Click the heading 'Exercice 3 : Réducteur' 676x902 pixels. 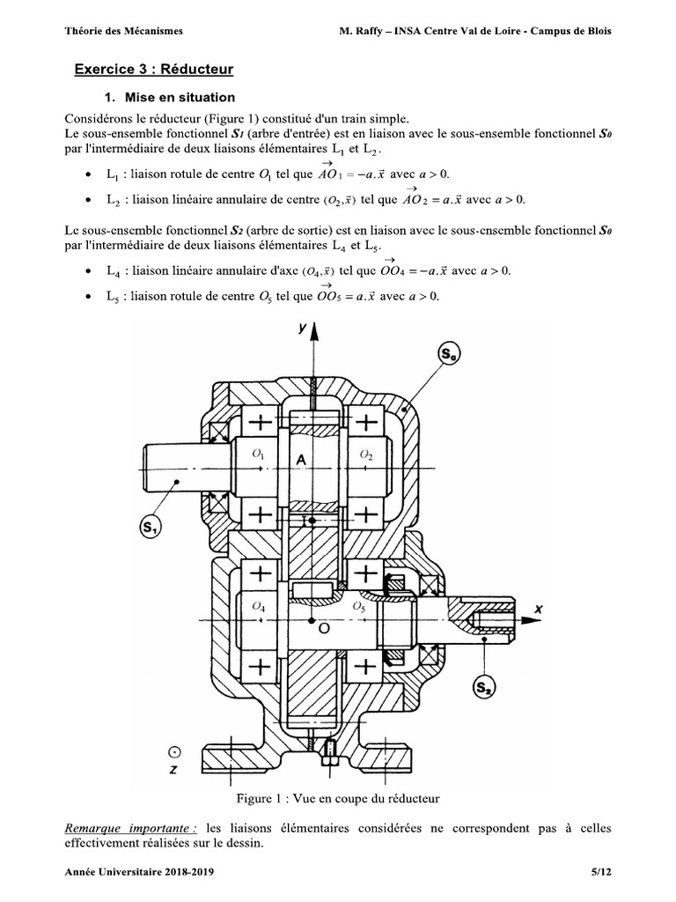coord(154,68)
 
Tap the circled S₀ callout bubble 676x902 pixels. coord(448,357)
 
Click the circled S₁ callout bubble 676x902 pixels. coord(150,529)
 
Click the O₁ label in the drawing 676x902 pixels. coord(258,454)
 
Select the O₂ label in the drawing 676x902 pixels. coord(367,454)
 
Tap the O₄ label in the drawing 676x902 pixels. coord(257,606)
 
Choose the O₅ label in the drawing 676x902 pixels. coord(359,607)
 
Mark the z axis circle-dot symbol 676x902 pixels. coord(175,752)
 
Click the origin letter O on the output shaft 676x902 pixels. coord(323,630)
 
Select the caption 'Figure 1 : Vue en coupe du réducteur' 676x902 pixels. coord(337,799)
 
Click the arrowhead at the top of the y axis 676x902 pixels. coord(312,331)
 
